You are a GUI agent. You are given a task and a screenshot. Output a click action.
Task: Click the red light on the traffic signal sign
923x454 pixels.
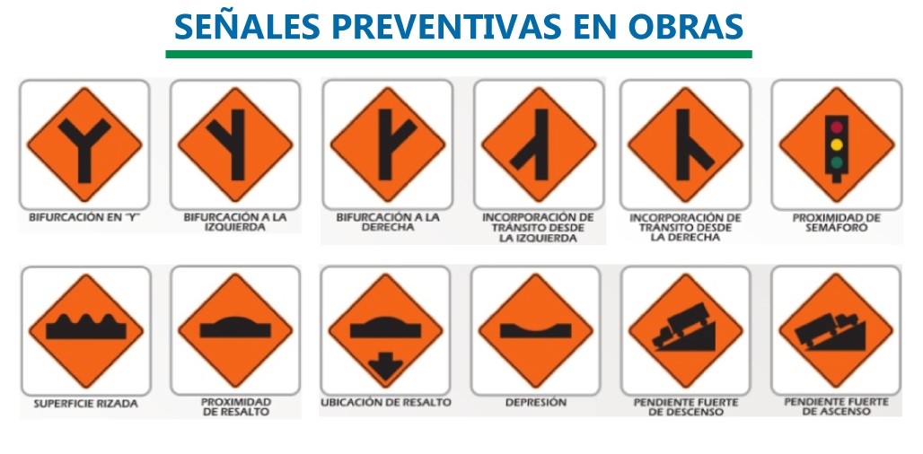click(837, 127)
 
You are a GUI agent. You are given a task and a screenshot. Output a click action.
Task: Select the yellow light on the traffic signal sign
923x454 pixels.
click(837, 144)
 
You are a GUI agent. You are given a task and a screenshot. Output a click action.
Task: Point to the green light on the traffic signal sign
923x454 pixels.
click(837, 162)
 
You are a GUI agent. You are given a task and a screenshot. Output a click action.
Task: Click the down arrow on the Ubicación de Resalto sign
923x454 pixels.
click(385, 365)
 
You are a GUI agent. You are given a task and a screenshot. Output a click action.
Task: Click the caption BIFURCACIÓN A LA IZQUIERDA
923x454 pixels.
click(235, 222)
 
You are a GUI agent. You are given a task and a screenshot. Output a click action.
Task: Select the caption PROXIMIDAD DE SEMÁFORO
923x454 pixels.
click(837, 223)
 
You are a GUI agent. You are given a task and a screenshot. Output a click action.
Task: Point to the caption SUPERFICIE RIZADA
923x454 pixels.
click(86, 404)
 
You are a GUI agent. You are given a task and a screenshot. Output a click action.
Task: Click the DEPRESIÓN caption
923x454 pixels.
click(536, 403)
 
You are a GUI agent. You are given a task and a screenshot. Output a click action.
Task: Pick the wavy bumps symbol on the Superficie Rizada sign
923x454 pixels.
click(86, 327)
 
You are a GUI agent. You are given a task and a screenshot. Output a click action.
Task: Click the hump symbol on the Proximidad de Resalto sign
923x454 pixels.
click(235, 327)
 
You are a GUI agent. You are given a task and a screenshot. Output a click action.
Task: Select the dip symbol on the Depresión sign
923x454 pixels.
click(536, 330)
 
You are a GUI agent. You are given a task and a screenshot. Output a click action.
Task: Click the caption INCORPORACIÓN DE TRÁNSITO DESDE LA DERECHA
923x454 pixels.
click(685, 228)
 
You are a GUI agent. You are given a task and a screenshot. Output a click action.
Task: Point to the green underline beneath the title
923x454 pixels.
click(459, 54)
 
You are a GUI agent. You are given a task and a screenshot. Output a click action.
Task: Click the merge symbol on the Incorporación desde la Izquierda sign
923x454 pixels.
click(533, 144)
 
